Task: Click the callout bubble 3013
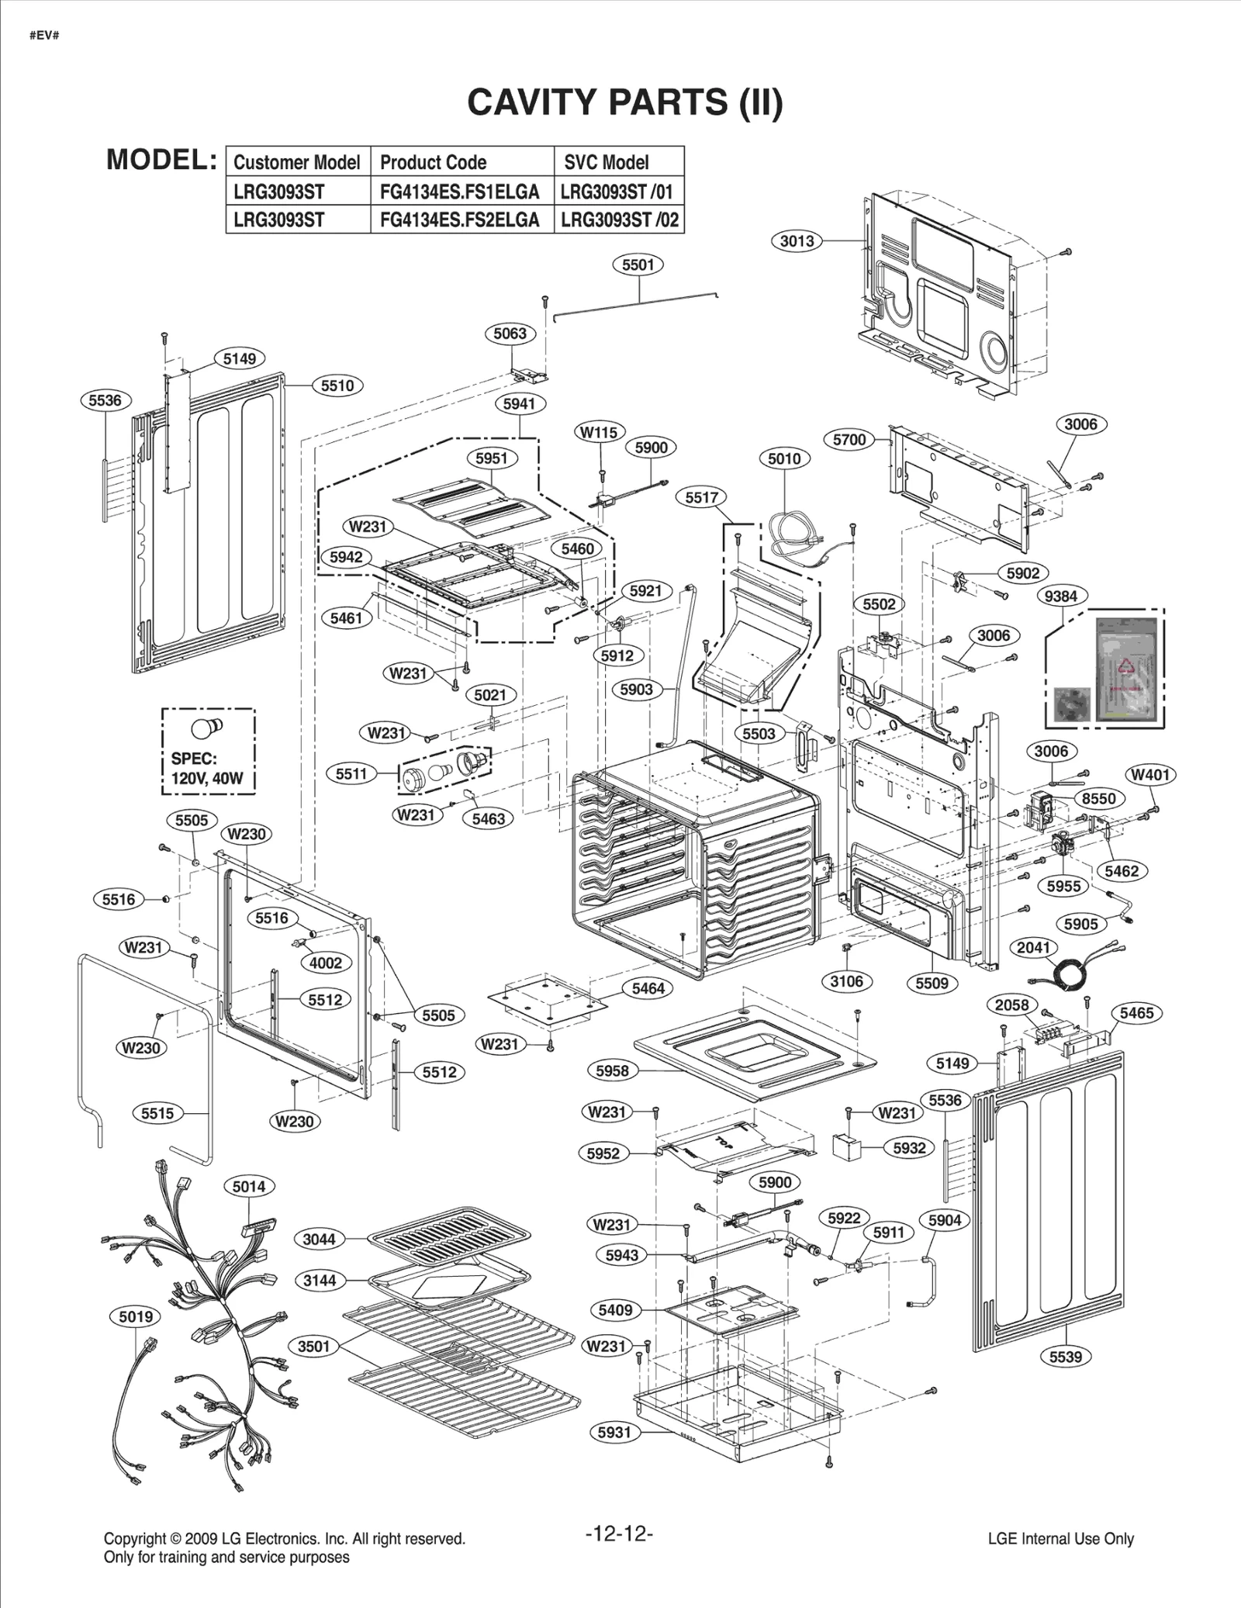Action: tap(797, 240)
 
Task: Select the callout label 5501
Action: tap(638, 265)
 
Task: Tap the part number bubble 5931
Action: tap(614, 1432)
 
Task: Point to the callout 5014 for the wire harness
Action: tap(249, 1186)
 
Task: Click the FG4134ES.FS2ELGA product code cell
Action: tap(459, 220)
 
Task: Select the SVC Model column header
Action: tap(606, 162)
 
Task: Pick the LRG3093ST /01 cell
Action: tap(617, 192)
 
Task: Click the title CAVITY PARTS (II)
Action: tap(624, 102)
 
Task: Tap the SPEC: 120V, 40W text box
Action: tap(207, 768)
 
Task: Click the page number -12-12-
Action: tap(619, 1534)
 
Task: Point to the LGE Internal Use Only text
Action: tap(1060, 1538)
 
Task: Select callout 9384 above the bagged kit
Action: tap(1061, 596)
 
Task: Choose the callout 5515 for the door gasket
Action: tap(157, 1113)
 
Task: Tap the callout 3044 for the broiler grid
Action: tap(319, 1239)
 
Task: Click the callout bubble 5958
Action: tap(612, 1070)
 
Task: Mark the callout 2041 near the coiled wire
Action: tap(1033, 947)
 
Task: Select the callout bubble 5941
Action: tap(519, 403)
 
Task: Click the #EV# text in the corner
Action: tap(44, 36)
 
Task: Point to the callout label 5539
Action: tap(1065, 1356)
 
